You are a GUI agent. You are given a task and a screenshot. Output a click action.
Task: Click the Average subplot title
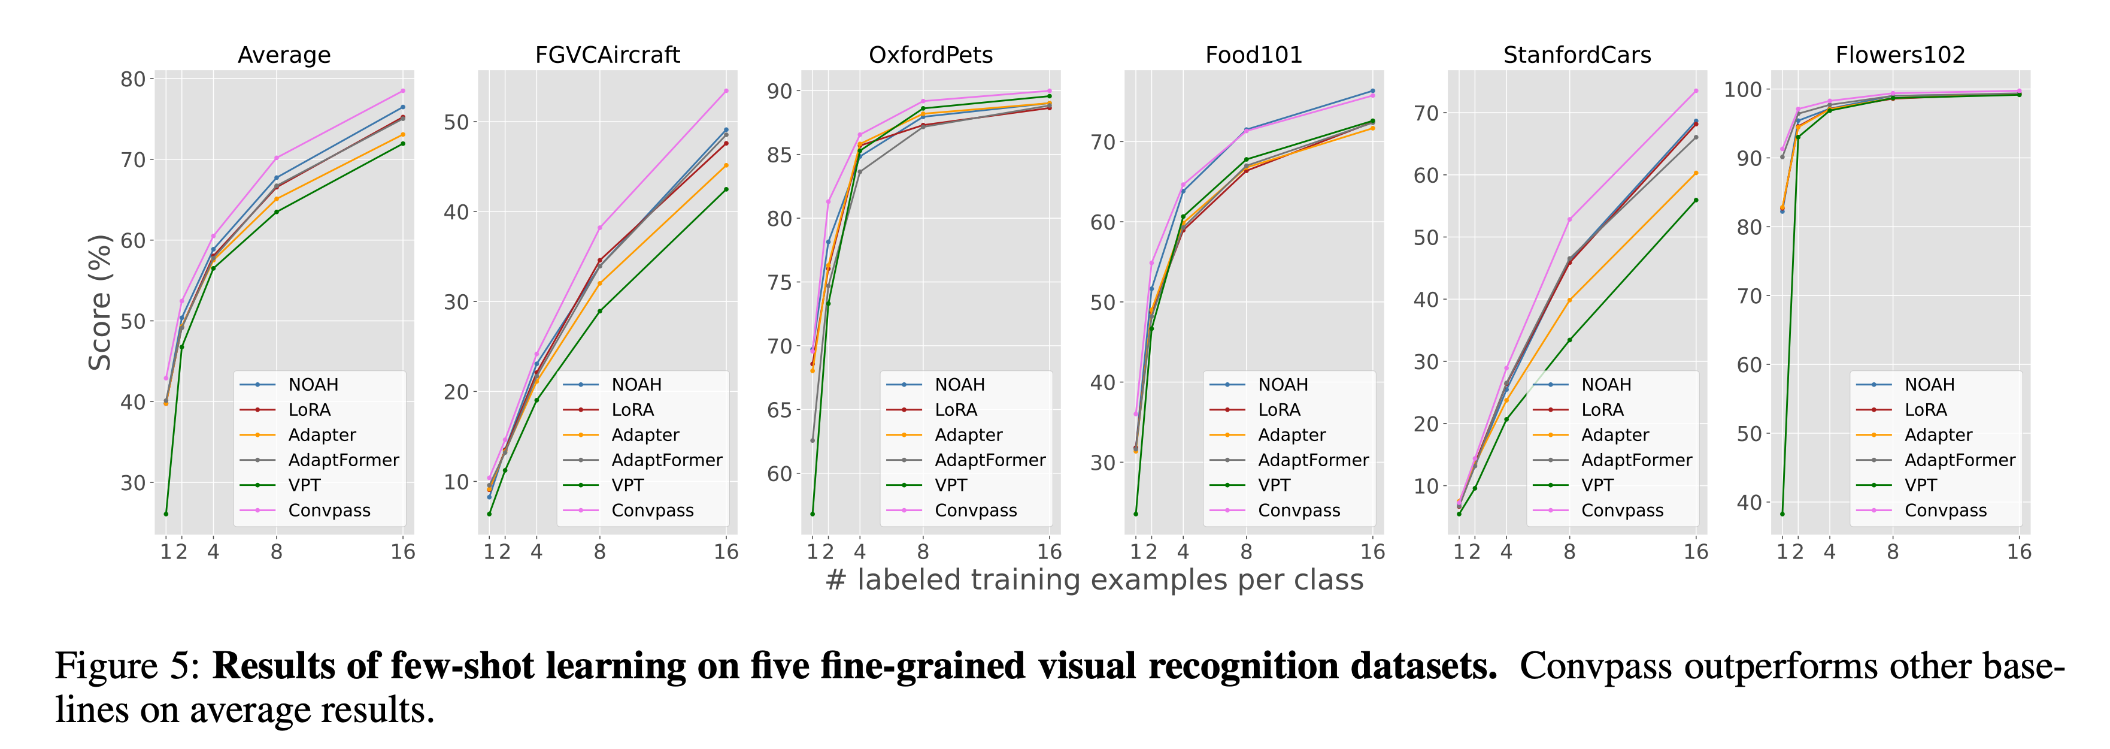click(x=284, y=55)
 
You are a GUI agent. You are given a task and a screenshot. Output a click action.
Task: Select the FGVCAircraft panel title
click(x=607, y=55)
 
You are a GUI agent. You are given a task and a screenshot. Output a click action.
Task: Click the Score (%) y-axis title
click(x=100, y=303)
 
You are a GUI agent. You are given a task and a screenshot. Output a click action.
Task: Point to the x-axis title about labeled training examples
click(x=1095, y=579)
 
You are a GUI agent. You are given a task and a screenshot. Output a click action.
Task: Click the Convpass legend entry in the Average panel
click(x=329, y=511)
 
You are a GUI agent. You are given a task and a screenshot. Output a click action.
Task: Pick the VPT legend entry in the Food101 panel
click(x=1274, y=485)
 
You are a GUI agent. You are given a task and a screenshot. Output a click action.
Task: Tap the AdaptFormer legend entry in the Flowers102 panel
click(x=1959, y=460)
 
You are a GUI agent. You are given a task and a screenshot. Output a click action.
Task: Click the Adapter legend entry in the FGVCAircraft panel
click(x=645, y=435)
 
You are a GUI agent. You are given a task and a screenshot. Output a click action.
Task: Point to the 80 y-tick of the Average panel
click(x=133, y=80)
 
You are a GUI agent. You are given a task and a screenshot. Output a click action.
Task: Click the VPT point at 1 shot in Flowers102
click(x=1782, y=514)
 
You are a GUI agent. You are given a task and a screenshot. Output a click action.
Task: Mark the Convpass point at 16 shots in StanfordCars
click(x=1696, y=91)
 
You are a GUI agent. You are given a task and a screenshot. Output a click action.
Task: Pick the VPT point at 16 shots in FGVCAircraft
click(x=726, y=189)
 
